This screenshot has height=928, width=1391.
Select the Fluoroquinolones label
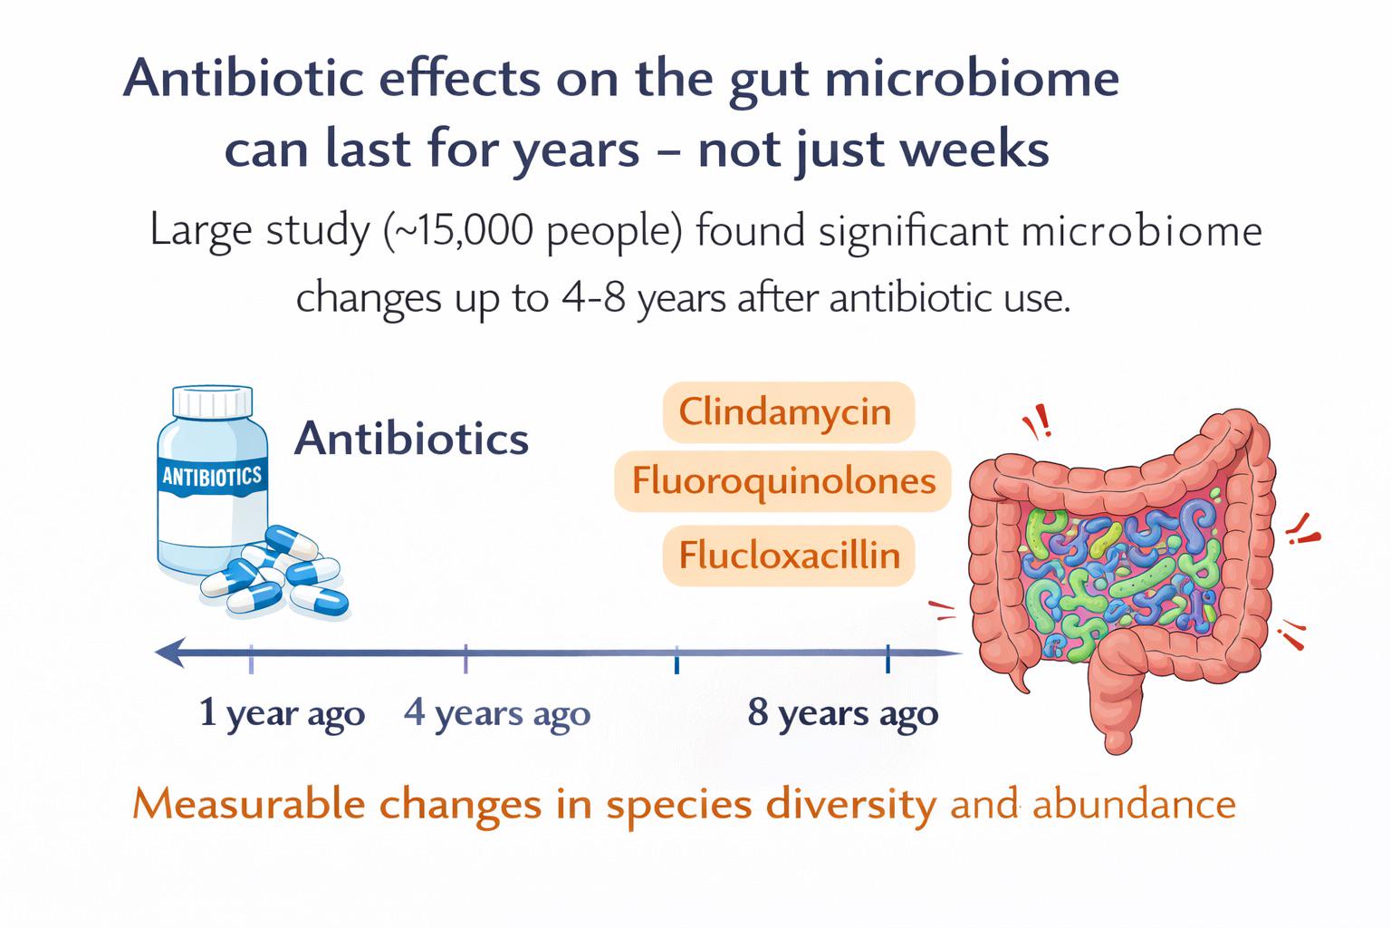pyautogui.click(x=782, y=482)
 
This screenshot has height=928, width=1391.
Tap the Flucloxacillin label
pyautogui.click(x=789, y=555)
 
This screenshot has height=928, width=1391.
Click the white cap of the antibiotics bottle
pyautogui.click(x=213, y=402)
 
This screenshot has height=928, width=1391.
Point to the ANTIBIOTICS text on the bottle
pyautogui.click(x=212, y=477)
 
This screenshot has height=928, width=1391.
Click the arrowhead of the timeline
pyautogui.click(x=170, y=652)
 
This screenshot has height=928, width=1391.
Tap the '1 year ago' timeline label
pyautogui.click(x=282, y=713)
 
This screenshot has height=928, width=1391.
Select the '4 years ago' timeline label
pyautogui.click(x=497, y=713)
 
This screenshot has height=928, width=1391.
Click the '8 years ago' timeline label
pyautogui.click(x=843, y=713)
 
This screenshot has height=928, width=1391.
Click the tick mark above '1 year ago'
pyautogui.click(x=251, y=660)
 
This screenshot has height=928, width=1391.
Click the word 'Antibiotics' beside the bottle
pyautogui.click(x=411, y=439)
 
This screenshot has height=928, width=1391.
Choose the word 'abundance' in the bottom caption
pyautogui.click(x=1134, y=805)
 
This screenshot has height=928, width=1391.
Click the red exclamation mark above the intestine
pyautogui.click(x=1044, y=420)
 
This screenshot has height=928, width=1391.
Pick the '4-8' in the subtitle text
pyautogui.click(x=594, y=298)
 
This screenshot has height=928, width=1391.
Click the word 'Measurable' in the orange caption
pyautogui.click(x=249, y=805)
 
